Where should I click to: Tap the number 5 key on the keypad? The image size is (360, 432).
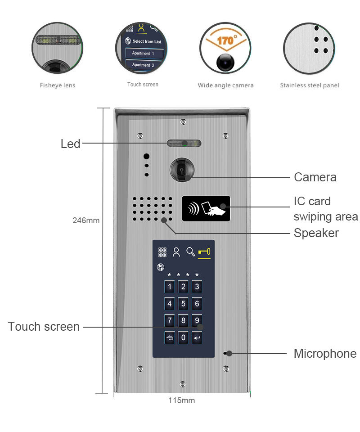[183, 304]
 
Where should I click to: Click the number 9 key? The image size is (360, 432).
[197, 321]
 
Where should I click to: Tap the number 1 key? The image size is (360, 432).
[170, 287]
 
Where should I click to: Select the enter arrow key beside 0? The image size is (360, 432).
[197, 338]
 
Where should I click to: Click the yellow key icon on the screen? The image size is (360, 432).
[204, 252]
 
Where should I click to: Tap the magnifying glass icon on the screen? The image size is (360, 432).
[191, 252]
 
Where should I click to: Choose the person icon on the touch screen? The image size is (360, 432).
[176, 252]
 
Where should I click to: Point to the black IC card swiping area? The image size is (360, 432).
[206, 209]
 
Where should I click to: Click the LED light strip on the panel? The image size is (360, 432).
[184, 144]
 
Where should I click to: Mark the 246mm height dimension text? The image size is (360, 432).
[86, 220]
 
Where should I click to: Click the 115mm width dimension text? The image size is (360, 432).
[181, 400]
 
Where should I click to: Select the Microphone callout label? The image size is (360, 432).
[325, 354]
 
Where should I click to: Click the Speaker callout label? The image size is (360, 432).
[316, 233]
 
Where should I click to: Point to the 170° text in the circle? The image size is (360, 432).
[225, 40]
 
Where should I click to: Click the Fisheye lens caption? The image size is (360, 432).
[57, 85]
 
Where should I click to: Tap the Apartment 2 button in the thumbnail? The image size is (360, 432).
[143, 65]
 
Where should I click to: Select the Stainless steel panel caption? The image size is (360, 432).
[310, 85]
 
